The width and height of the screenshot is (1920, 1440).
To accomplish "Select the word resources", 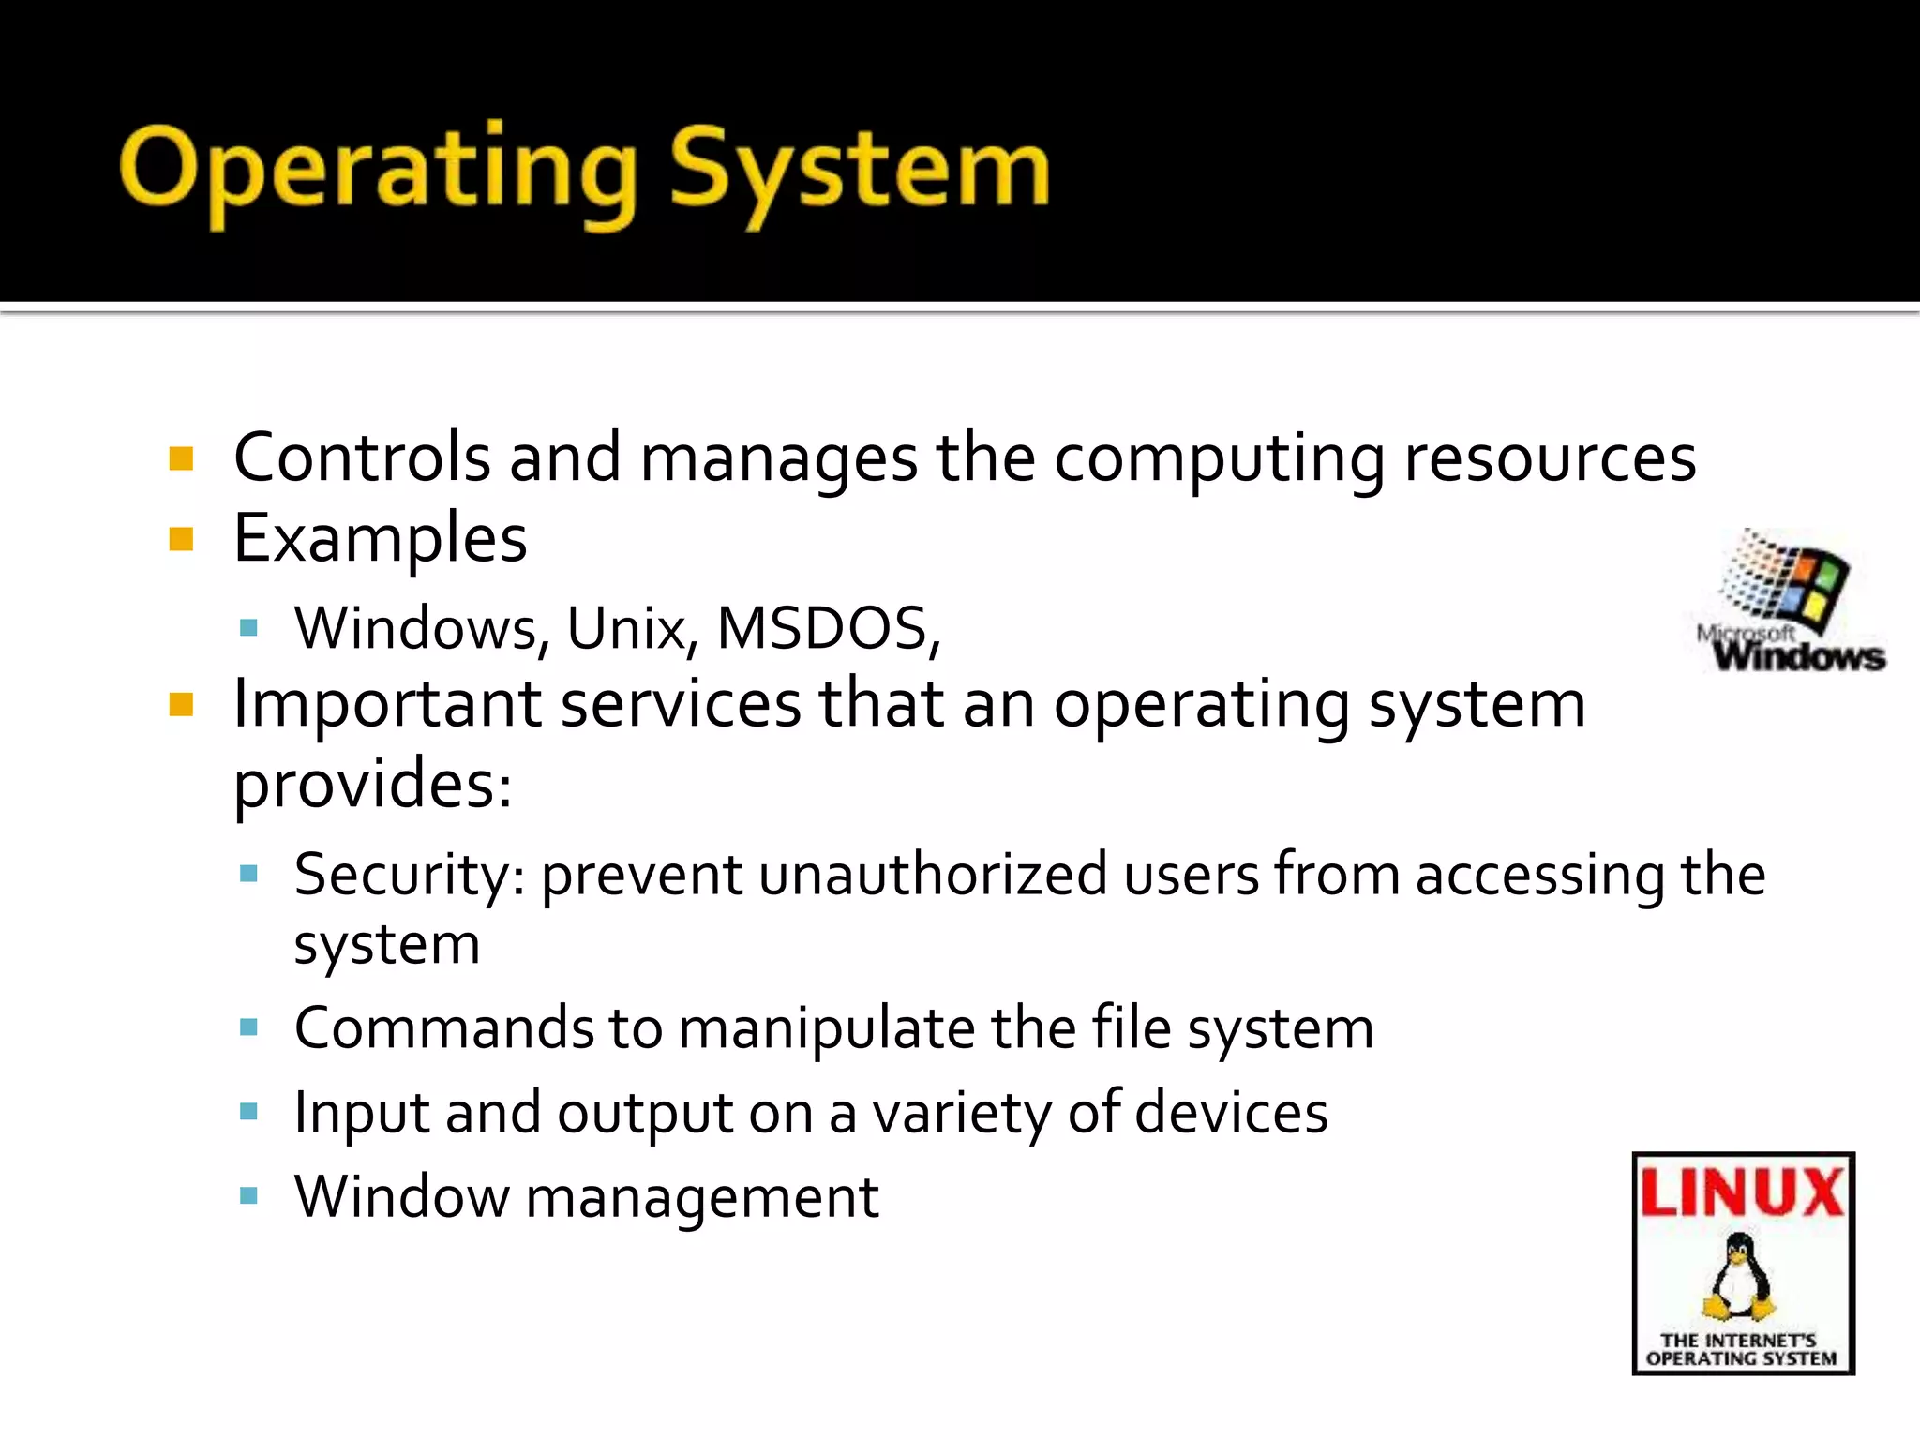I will tap(1550, 459).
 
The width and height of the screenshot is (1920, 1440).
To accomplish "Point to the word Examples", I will tap(380, 540).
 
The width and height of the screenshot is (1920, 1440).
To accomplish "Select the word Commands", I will tap(443, 1027).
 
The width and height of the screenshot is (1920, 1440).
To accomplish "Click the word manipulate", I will tap(827, 1029).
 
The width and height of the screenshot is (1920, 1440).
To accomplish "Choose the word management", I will tap(702, 1199).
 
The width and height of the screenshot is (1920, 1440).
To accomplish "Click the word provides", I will tap(372, 784).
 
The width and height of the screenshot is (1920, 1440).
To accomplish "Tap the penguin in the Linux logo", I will tap(1740, 1279).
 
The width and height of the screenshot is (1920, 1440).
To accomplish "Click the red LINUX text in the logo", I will tap(1743, 1192).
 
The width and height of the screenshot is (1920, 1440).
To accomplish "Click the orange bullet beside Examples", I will tap(181, 539).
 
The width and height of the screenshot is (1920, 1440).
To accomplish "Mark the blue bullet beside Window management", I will tap(248, 1195).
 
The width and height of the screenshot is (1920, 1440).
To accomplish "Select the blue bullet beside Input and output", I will tap(248, 1112).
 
